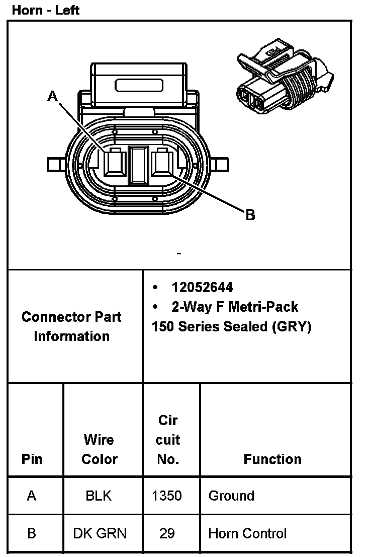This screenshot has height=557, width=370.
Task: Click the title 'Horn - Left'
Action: (x=46, y=10)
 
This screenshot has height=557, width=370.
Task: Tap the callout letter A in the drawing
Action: (x=52, y=96)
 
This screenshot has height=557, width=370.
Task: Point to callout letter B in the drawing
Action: (x=250, y=216)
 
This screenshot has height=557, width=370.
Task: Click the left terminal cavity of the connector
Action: (x=115, y=164)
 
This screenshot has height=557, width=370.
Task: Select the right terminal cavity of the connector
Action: (x=163, y=164)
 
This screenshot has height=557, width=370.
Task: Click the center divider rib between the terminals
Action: (x=138, y=165)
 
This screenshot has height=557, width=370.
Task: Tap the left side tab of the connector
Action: (x=54, y=164)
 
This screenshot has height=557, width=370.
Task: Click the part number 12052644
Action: (x=202, y=287)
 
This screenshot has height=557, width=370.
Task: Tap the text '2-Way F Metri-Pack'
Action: (x=235, y=307)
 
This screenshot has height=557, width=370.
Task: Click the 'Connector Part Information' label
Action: (x=71, y=326)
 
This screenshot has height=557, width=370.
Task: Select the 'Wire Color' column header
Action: (x=99, y=449)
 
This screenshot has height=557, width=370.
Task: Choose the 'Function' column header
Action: (x=272, y=459)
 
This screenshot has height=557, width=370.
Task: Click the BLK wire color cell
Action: (x=99, y=496)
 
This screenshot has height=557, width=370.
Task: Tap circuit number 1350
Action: (x=166, y=496)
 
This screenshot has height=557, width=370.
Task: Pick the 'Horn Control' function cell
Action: (x=247, y=533)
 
